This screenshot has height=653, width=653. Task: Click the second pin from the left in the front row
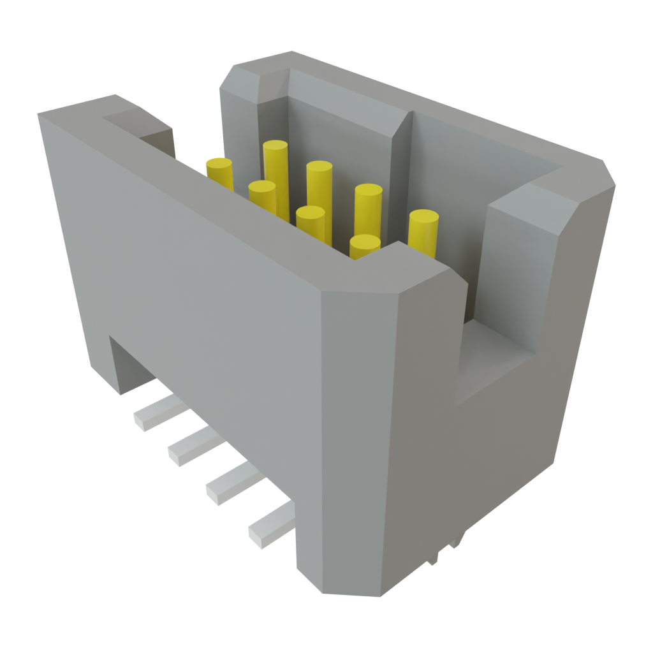(311, 223)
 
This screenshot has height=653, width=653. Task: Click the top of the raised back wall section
(332, 89)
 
